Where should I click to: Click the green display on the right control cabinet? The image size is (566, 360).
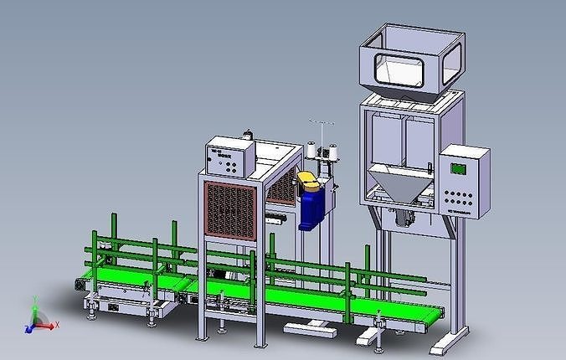[459, 168]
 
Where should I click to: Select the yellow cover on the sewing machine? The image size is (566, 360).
[308, 179]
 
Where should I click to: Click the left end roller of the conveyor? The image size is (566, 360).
[80, 285]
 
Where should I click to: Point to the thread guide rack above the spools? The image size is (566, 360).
[320, 130]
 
